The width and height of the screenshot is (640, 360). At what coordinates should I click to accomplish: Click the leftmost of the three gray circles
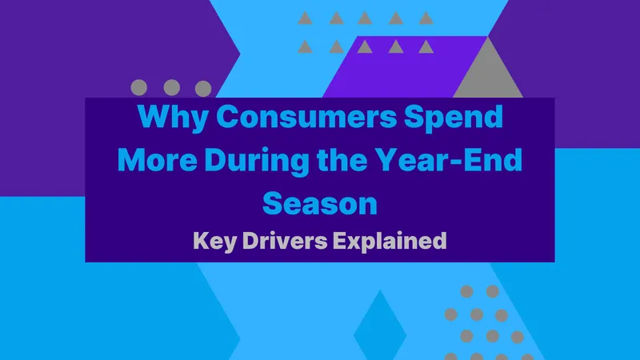[138, 87]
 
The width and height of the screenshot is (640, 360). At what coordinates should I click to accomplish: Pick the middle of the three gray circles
[171, 87]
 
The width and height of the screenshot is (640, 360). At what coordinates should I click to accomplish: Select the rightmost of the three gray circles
[203, 87]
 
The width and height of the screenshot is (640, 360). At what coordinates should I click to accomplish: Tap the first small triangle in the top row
[304, 18]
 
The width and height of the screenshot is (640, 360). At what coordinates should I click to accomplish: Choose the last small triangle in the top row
[426, 18]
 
